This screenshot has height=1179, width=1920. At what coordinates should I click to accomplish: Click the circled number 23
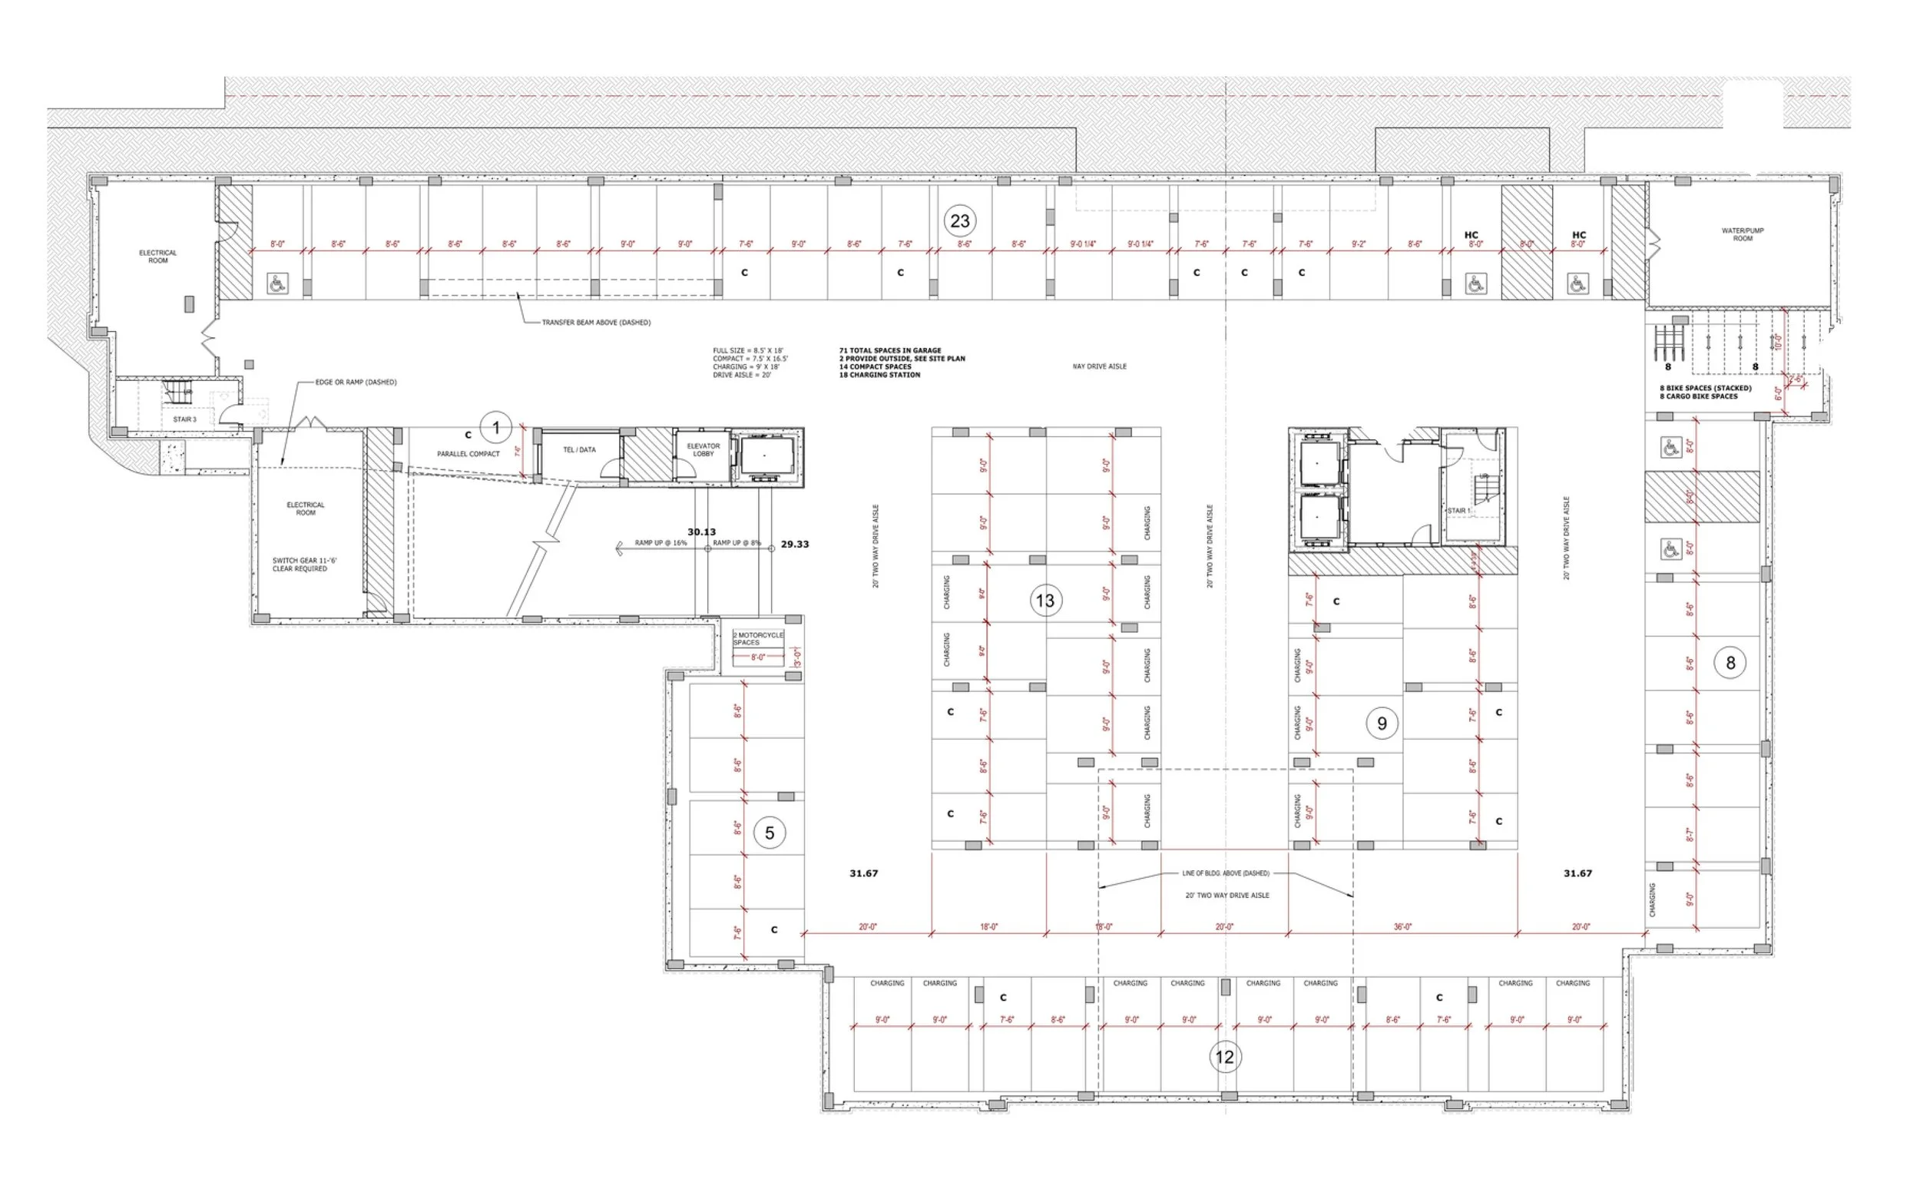[x=959, y=221]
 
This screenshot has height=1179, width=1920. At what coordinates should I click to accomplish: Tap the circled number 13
[x=1044, y=601]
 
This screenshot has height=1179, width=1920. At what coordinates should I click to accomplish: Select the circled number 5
[x=769, y=833]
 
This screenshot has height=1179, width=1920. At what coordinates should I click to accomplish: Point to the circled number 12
[x=1225, y=1058]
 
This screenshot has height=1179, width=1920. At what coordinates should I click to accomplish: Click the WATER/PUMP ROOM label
[x=1743, y=235]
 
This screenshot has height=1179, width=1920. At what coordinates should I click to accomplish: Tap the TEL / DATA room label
[x=579, y=450]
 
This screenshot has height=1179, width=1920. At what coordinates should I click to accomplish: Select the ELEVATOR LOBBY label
[x=703, y=450]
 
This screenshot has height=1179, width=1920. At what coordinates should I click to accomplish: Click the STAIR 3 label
[x=185, y=419]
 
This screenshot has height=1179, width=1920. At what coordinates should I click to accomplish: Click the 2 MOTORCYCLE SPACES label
[x=758, y=638]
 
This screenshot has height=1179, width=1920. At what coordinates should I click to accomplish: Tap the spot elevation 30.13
[x=701, y=532]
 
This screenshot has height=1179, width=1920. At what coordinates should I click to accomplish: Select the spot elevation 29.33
[x=794, y=545]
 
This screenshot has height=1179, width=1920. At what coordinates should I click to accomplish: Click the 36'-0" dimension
[x=1402, y=927]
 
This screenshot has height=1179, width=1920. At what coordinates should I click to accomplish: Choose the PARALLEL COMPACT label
[x=468, y=454]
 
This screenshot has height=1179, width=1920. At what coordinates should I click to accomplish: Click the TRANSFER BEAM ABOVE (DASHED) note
[x=595, y=322]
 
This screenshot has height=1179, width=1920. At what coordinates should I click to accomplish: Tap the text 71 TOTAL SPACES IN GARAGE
[x=889, y=351]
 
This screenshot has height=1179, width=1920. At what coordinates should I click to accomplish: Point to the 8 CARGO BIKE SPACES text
[x=1698, y=396]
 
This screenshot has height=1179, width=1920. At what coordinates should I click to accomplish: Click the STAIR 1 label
[x=1458, y=511]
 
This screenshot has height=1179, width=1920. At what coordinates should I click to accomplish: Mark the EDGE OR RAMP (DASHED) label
[x=356, y=382]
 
